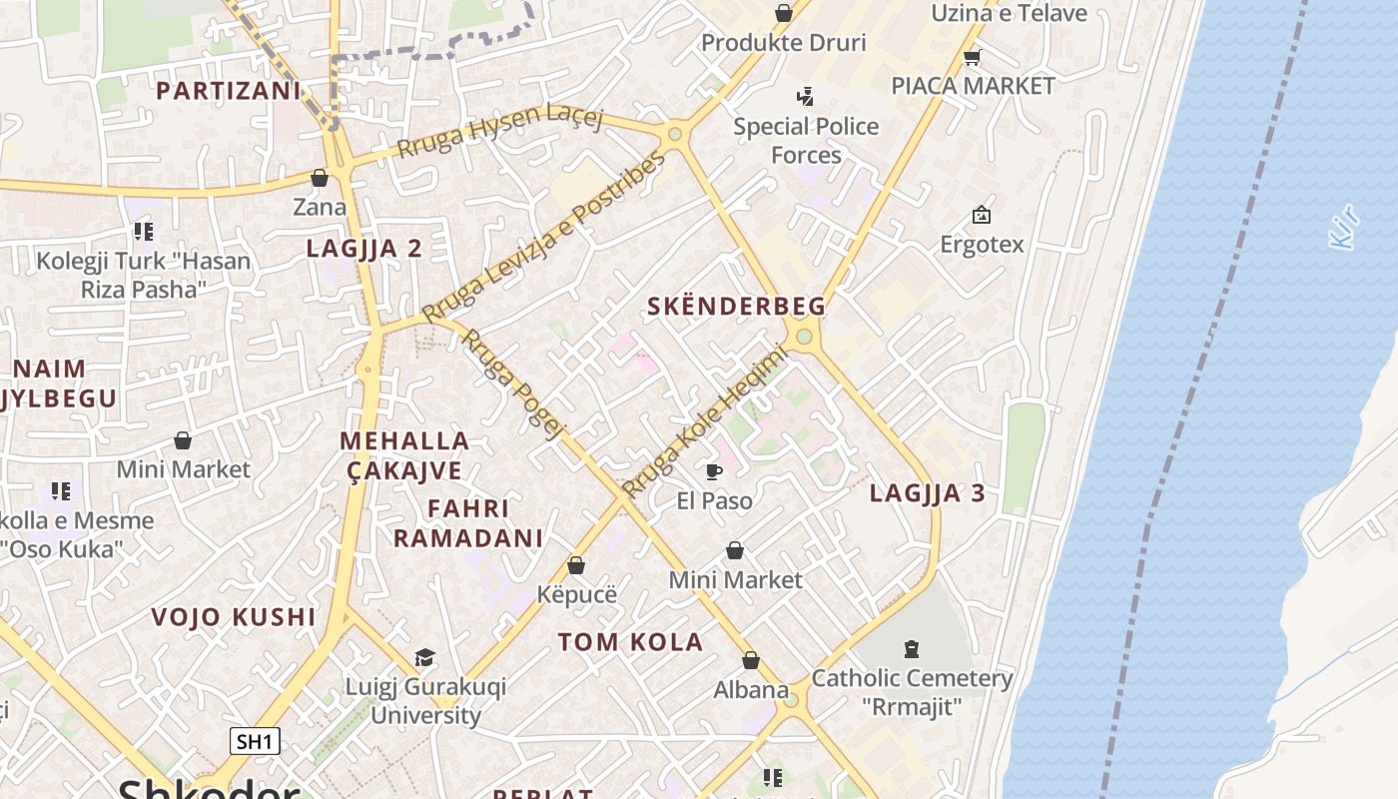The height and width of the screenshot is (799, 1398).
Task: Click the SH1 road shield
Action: pyautogui.click(x=255, y=741)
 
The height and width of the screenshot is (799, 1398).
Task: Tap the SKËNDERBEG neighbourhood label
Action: pyautogui.click(x=736, y=307)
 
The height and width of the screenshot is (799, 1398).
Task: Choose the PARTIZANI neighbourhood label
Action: pyautogui.click(x=228, y=91)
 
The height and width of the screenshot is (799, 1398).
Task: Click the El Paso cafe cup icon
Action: pyautogui.click(x=714, y=471)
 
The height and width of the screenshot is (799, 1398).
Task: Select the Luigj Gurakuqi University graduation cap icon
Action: pyautogui.click(x=425, y=657)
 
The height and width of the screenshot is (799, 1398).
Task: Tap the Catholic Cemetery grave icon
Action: pyautogui.click(x=911, y=649)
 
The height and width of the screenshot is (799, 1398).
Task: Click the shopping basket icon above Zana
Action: pyautogui.click(x=320, y=178)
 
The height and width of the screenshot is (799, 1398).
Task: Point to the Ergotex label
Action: pyautogui.click(x=982, y=244)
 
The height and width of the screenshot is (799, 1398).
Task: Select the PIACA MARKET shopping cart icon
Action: pyautogui.click(x=973, y=57)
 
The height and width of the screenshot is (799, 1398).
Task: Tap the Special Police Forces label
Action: pyautogui.click(x=806, y=141)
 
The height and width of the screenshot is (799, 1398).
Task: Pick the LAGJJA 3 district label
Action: pyautogui.click(x=927, y=492)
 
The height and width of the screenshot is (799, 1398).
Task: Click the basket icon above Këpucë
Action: pyautogui.click(x=576, y=565)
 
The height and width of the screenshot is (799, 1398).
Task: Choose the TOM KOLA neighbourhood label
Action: pyautogui.click(x=630, y=642)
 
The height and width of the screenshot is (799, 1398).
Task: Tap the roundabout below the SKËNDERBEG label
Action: pyautogui.click(x=804, y=337)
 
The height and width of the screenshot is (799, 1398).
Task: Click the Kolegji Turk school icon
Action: pyautogui.click(x=143, y=232)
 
